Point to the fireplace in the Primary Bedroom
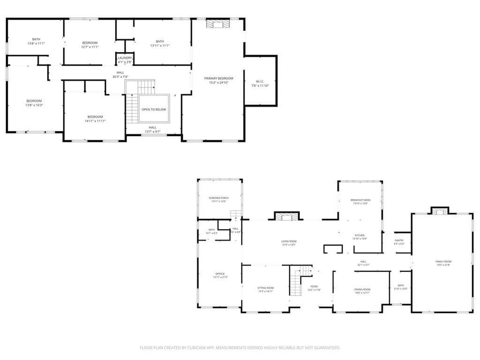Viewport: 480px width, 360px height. click(x=218, y=23)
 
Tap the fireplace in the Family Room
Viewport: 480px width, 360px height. click(x=440, y=211)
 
